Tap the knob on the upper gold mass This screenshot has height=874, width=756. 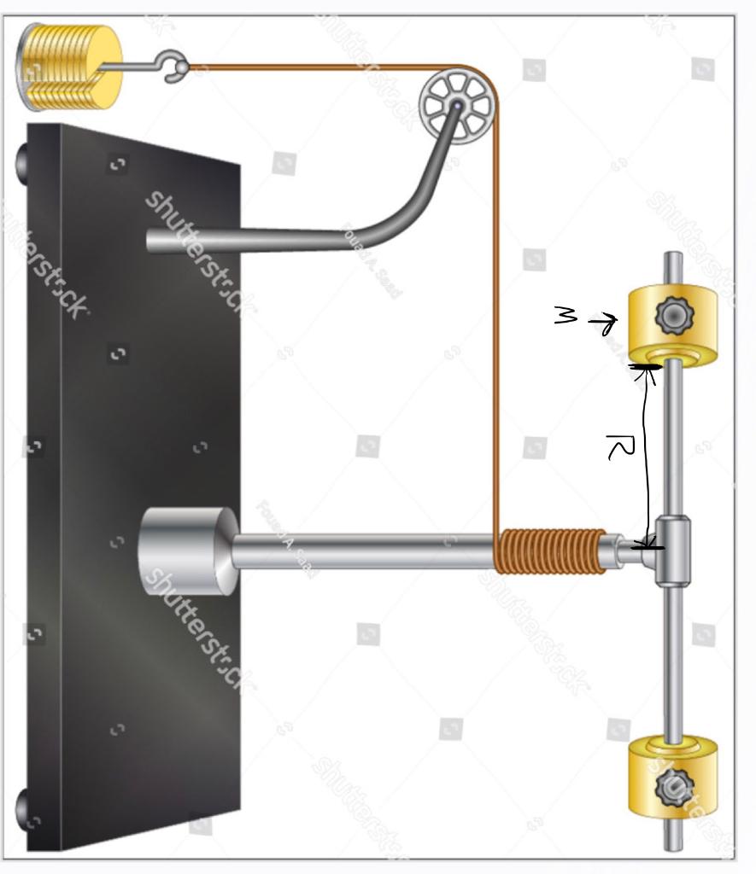(674, 317)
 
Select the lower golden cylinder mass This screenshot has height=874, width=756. (673, 777)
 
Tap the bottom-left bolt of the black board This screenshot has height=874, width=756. (23, 807)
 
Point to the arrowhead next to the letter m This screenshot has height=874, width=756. (608, 323)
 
